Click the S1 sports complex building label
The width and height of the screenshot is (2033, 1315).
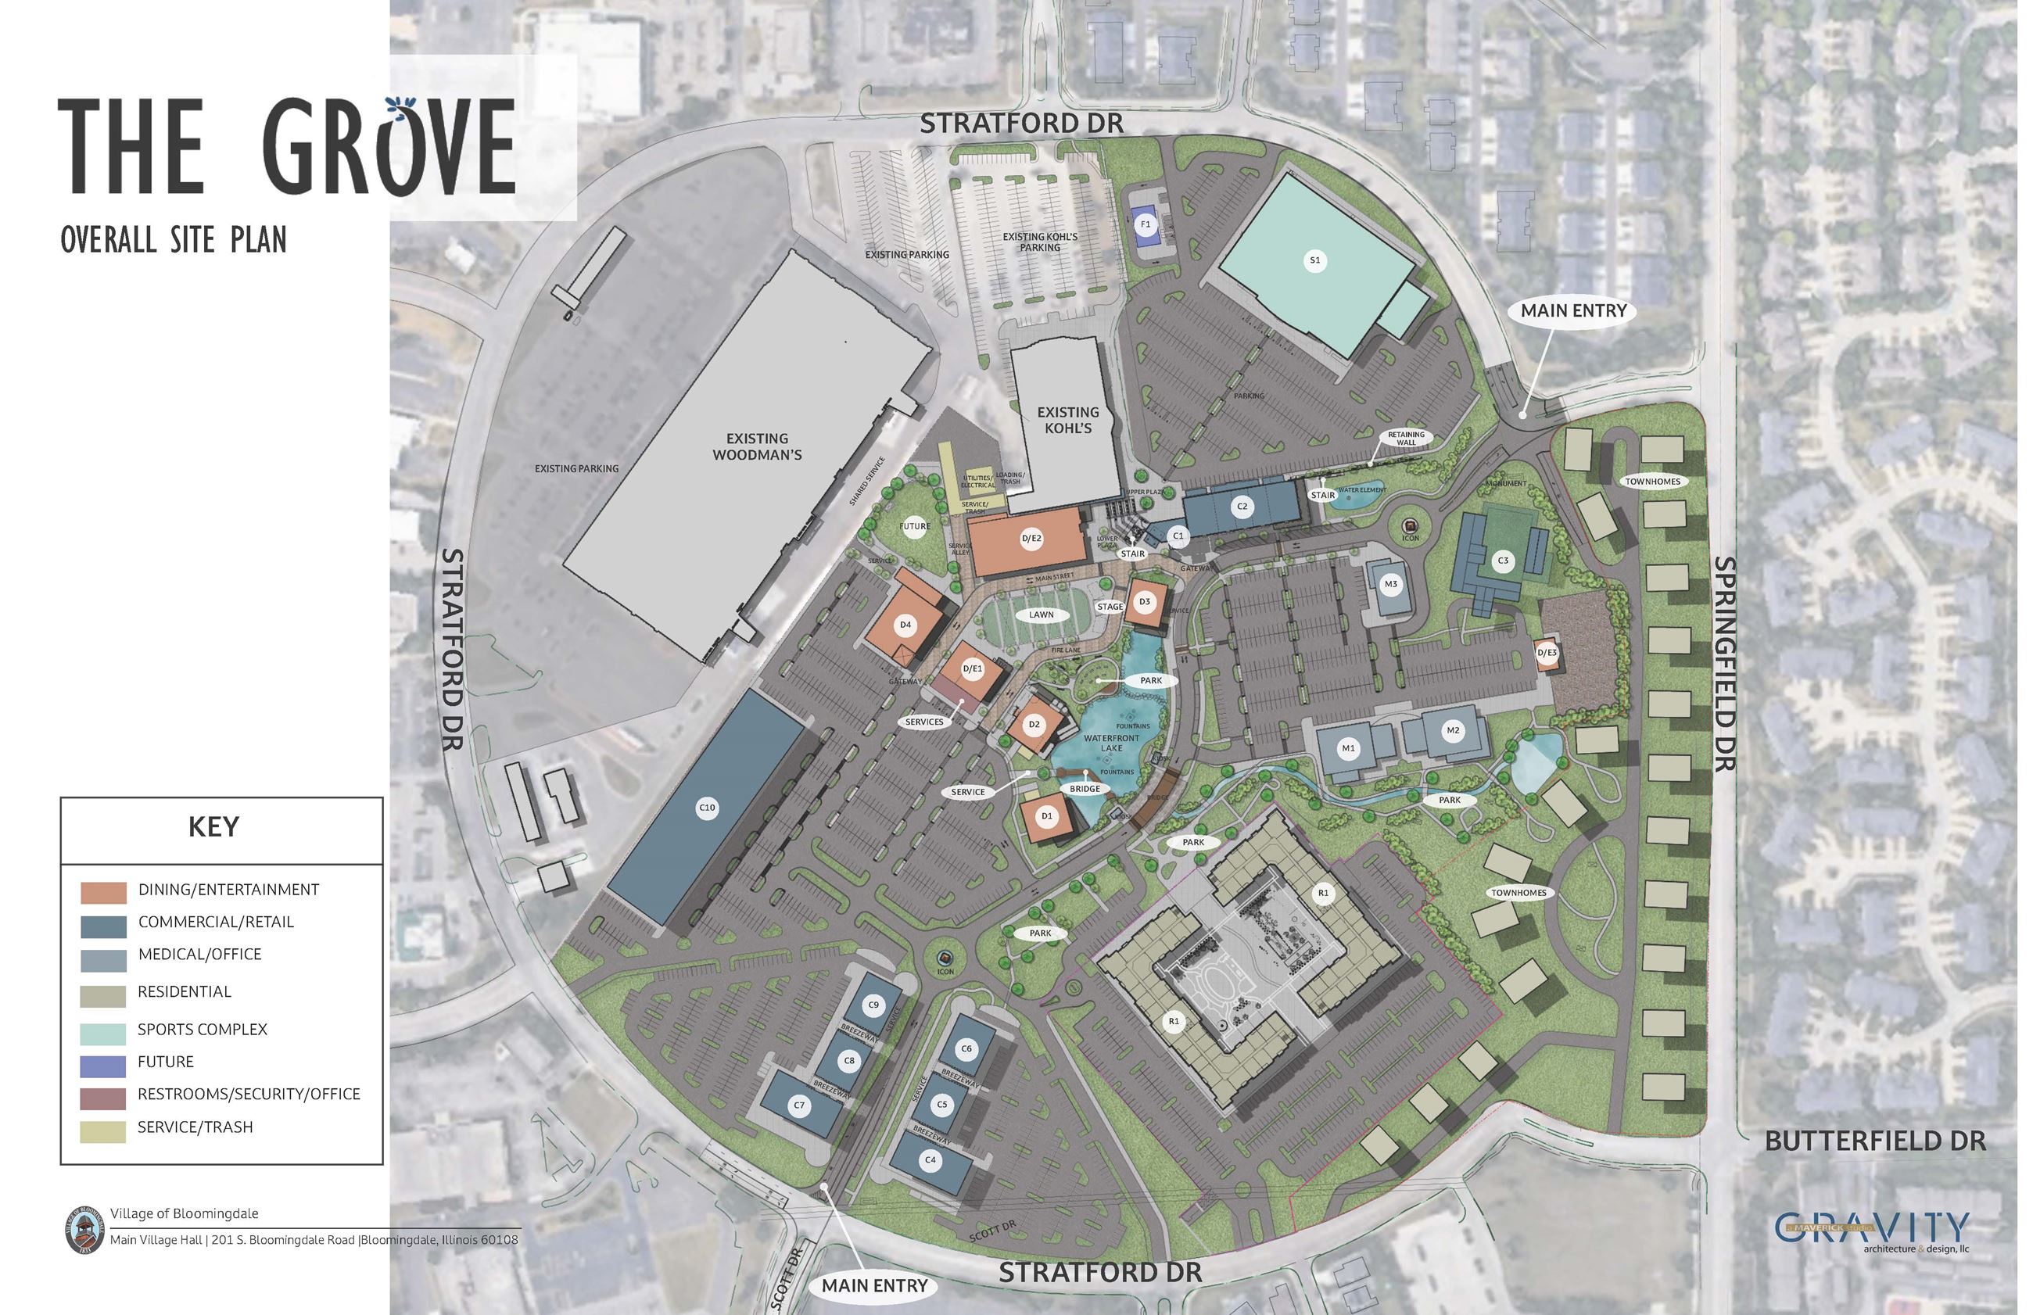tap(1315, 260)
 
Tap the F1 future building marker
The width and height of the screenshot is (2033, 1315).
tap(1146, 224)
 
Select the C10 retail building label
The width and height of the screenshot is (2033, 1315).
tap(706, 808)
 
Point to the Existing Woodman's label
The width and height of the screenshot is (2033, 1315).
tap(756, 446)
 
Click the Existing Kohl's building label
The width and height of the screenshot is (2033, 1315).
tap(1067, 419)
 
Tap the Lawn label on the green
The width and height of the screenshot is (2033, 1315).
tap(1041, 614)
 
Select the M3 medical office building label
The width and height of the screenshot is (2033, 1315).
tap(1391, 584)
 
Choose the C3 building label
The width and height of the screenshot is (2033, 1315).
tap(1503, 561)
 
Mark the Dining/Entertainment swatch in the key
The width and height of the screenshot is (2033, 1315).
tap(103, 892)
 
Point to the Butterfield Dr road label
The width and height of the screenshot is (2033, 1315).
tap(1875, 1141)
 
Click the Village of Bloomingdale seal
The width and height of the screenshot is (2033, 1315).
tap(81, 1230)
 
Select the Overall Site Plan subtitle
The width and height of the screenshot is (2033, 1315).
tap(174, 241)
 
